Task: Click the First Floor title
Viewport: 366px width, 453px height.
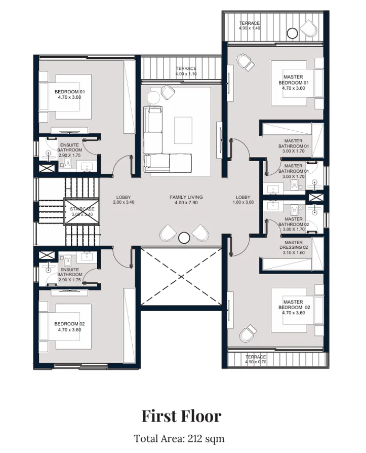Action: point(181,416)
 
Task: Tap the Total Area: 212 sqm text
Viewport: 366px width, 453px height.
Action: point(179,438)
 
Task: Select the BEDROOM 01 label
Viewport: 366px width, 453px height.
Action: point(67,94)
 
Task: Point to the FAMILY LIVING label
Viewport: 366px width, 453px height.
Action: point(186,200)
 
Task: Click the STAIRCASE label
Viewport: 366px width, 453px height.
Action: point(82,211)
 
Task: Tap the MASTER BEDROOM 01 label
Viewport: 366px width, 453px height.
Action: point(294,82)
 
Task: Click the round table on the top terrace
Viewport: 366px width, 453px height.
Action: point(292,33)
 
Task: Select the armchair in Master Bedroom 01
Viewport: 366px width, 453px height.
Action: point(247,63)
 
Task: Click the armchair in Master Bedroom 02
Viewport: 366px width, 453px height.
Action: point(248,333)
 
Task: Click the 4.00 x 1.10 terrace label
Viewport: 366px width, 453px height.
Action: point(186,71)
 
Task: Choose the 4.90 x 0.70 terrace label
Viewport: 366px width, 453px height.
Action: point(256,359)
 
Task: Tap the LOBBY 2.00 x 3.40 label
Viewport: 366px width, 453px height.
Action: point(124,200)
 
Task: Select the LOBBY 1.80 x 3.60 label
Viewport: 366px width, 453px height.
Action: point(243,200)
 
